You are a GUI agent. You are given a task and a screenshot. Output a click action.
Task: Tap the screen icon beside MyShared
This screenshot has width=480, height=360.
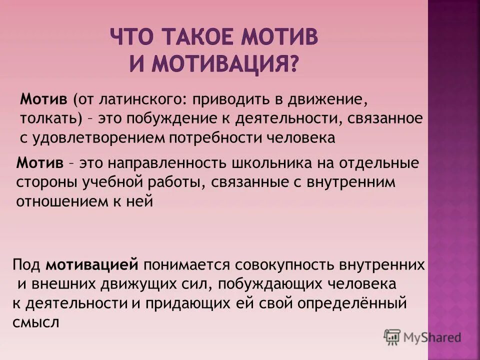392,337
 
